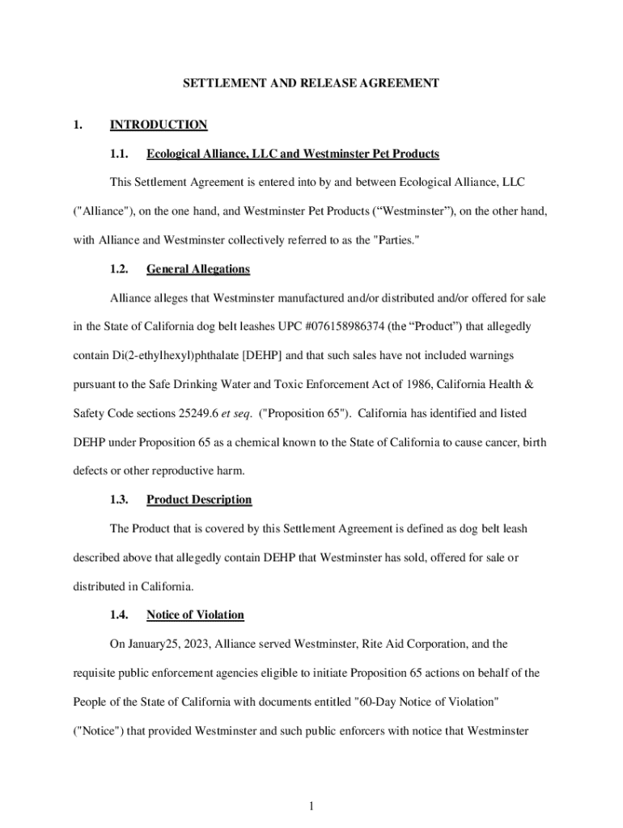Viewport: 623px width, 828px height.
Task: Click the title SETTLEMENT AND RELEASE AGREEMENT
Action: tap(311, 83)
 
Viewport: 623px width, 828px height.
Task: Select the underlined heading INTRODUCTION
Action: tap(159, 125)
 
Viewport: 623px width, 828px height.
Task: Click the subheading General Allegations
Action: tap(198, 269)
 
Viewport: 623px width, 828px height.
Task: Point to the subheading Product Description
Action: tap(199, 500)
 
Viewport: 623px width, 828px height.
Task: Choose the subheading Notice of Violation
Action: tap(195, 615)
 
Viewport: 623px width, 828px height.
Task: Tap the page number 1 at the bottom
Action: tap(311, 805)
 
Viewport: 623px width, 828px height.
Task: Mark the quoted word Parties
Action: tap(394, 240)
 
